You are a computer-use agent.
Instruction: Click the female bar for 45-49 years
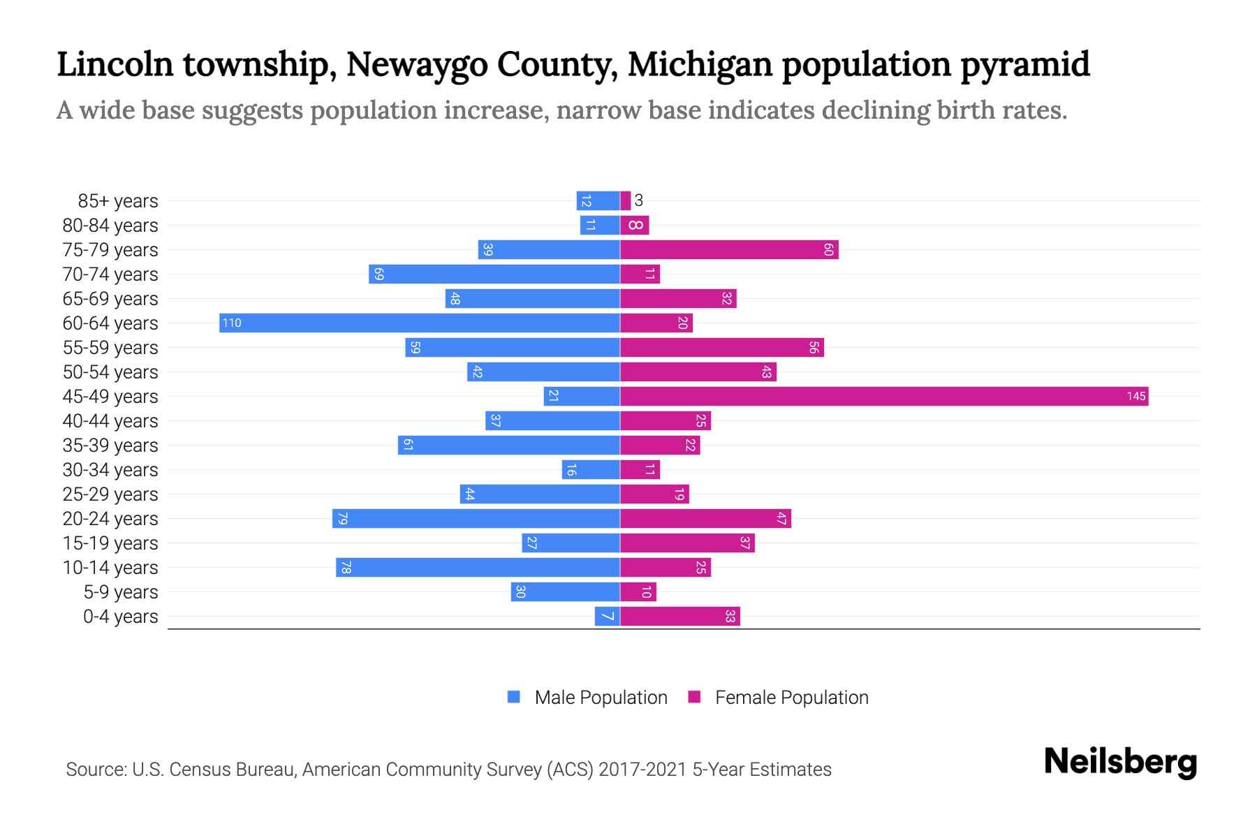point(883,396)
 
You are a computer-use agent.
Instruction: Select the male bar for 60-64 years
point(419,323)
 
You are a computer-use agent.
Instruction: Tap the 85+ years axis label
point(117,201)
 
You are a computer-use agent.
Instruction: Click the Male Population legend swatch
point(514,697)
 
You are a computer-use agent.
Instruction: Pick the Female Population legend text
point(791,698)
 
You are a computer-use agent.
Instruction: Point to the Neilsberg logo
point(1120,762)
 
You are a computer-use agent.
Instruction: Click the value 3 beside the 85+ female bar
point(638,201)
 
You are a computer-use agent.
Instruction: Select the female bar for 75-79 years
point(728,249)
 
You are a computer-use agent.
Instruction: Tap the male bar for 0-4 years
point(607,616)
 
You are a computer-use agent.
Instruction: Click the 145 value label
point(1135,397)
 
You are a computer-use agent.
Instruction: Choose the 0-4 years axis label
point(120,617)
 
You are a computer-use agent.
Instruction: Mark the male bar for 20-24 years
point(476,518)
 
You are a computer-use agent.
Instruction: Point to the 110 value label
point(232,323)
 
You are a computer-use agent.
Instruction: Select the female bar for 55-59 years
point(721,347)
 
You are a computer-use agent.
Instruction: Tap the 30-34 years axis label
point(110,470)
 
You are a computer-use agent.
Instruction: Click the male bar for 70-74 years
point(494,274)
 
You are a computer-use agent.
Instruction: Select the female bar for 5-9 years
point(638,591)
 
